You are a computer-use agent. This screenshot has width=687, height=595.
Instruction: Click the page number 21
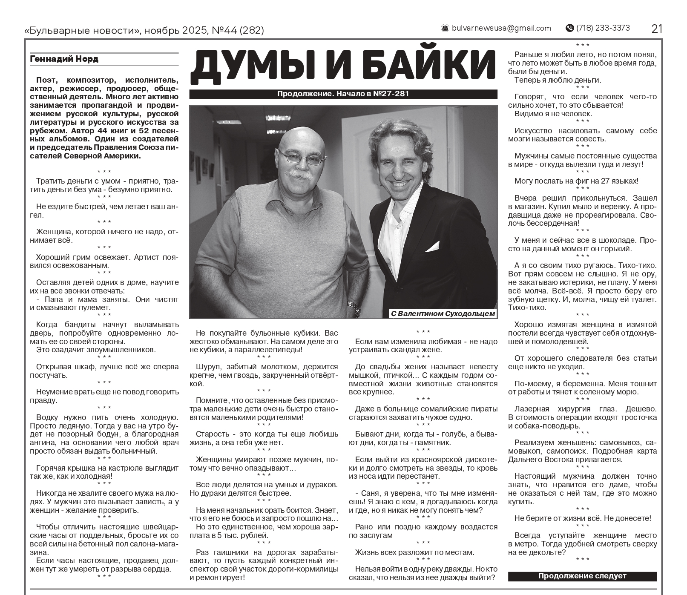click(x=656, y=29)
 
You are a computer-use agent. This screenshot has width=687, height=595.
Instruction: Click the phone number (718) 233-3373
click(x=603, y=28)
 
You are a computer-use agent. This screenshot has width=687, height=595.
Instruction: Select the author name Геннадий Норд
click(x=64, y=59)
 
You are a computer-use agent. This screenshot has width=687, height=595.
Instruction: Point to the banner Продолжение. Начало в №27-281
click(x=343, y=94)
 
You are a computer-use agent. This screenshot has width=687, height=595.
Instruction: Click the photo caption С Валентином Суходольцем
click(x=443, y=314)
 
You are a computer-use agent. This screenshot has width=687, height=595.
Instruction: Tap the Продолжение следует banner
click(x=582, y=576)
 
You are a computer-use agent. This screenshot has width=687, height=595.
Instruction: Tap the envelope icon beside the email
click(x=445, y=28)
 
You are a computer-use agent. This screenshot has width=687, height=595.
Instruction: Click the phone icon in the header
click(x=569, y=28)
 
